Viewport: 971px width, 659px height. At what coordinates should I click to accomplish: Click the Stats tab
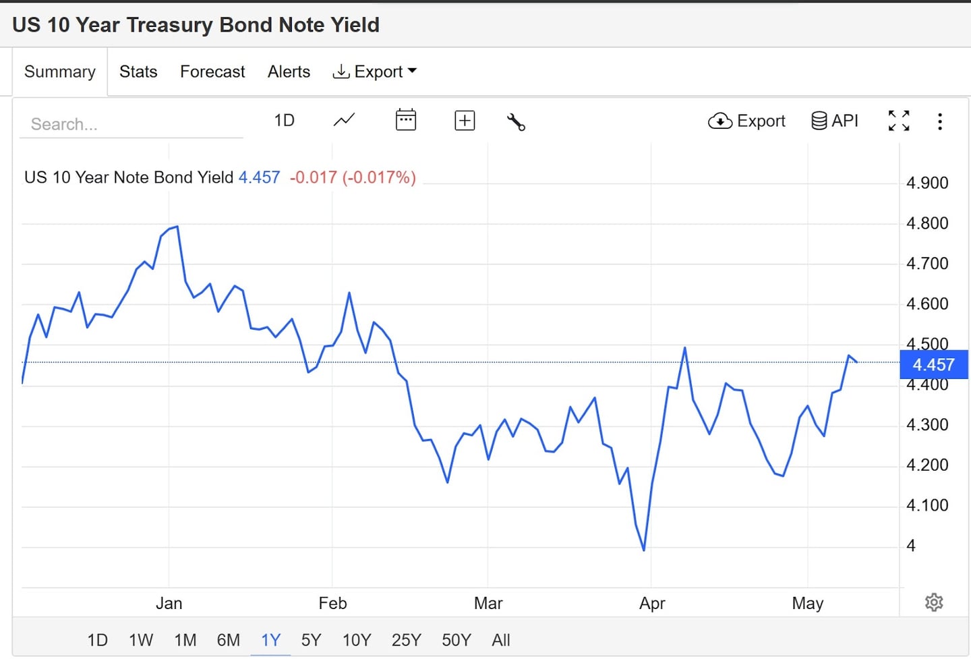[x=138, y=71]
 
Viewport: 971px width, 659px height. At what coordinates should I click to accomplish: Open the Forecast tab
[x=212, y=71]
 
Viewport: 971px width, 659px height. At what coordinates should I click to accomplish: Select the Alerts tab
[x=289, y=71]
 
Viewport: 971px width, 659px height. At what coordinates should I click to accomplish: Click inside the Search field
[x=131, y=124]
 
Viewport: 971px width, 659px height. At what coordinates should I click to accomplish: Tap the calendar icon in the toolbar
[x=405, y=120]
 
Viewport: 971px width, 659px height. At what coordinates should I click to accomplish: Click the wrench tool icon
[x=516, y=121]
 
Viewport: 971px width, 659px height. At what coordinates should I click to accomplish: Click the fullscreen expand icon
[x=899, y=121]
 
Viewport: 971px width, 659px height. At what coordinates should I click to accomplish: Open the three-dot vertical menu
[x=939, y=121]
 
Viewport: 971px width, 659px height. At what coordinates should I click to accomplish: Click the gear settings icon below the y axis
[x=934, y=602]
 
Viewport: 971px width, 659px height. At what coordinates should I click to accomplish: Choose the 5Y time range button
[x=311, y=639]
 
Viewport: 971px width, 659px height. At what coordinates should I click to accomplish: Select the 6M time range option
[x=228, y=639]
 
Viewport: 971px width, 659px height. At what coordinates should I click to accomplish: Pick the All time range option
[x=501, y=639]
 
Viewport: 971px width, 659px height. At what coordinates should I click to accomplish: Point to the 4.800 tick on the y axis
[x=927, y=223]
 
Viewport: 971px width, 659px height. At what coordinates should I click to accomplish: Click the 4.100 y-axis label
[x=927, y=505]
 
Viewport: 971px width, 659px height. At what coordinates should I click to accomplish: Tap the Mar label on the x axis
[x=488, y=603]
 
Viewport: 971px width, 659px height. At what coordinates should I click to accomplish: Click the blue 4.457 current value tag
[x=933, y=365]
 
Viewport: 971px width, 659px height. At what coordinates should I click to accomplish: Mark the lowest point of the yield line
[x=644, y=550]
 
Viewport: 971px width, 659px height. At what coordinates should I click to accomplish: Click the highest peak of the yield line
[x=177, y=227]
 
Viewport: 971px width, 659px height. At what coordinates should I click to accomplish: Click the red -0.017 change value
[x=313, y=177]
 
